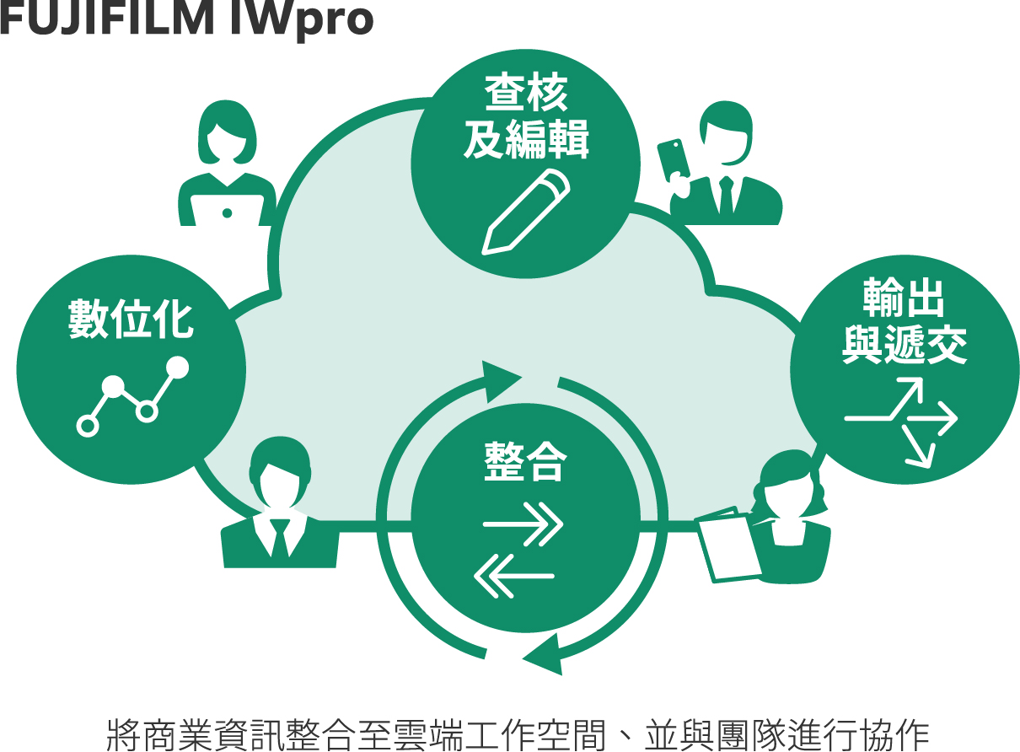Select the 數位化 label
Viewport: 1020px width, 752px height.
[131, 320]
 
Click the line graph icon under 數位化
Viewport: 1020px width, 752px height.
[132, 395]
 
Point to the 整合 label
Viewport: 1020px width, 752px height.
[524, 461]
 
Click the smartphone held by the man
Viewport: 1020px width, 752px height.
[674, 160]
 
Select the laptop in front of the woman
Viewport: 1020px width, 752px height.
[227, 212]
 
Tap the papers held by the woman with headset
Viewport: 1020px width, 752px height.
[726, 545]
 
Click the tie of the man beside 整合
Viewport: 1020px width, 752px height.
[279, 537]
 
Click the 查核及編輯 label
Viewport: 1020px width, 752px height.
[524, 117]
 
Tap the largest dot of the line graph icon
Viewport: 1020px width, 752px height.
[177, 368]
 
